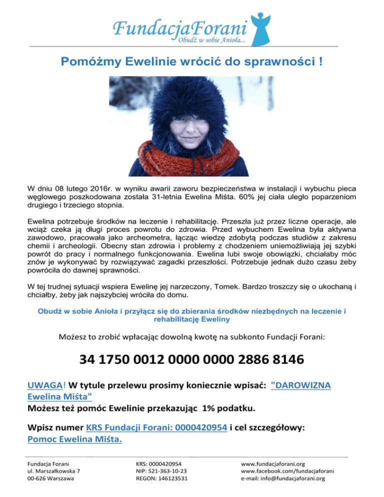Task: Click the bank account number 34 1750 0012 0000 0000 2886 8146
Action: click(192, 360)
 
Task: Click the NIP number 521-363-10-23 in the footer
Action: click(162, 471)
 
